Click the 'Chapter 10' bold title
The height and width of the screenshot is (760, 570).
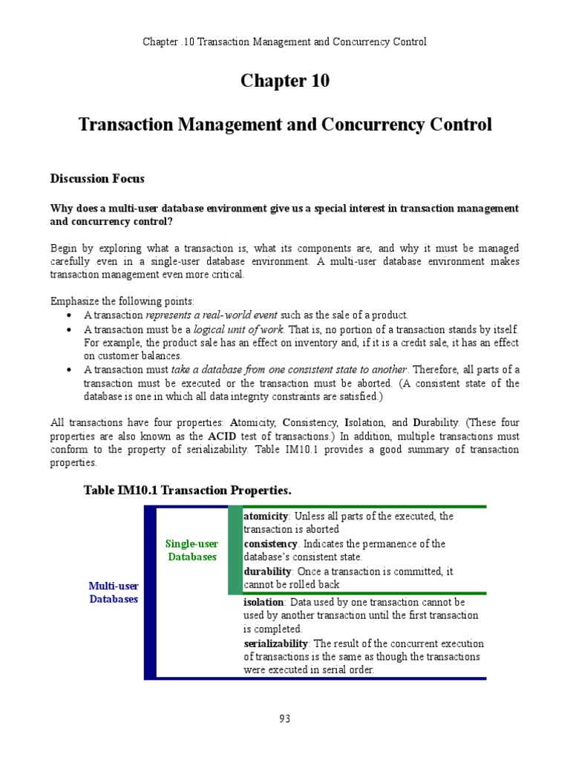(285, 82)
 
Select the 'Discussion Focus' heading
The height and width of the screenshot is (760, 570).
(97, 179)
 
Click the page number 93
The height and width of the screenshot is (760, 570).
(285, 718)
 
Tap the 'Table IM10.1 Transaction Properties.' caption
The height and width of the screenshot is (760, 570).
(188, 491)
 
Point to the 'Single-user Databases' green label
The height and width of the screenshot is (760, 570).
(191, 550)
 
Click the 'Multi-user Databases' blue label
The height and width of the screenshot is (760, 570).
(114, 592)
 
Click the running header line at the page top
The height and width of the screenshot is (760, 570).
(285, 42)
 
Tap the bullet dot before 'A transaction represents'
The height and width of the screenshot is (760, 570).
(68, 315)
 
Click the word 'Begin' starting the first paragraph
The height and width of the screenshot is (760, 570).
(64, 247)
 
